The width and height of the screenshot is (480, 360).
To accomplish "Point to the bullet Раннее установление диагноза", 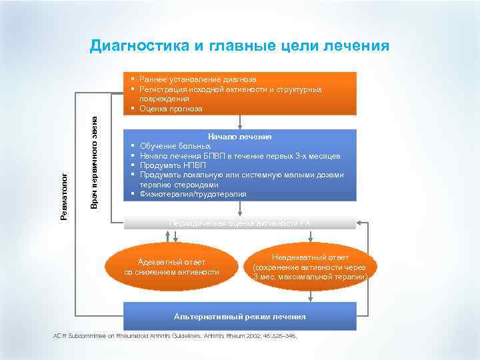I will pos(198,79).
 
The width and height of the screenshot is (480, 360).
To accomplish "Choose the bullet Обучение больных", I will pos(175,146).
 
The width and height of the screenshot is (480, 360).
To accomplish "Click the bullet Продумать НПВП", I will pos(173,165).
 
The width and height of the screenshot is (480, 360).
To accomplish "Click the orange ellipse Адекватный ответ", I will pos(172,266).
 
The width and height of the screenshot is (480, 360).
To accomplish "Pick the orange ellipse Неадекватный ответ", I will pos(311,266).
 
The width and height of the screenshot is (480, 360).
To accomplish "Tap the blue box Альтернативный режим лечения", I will pos(240,317).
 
